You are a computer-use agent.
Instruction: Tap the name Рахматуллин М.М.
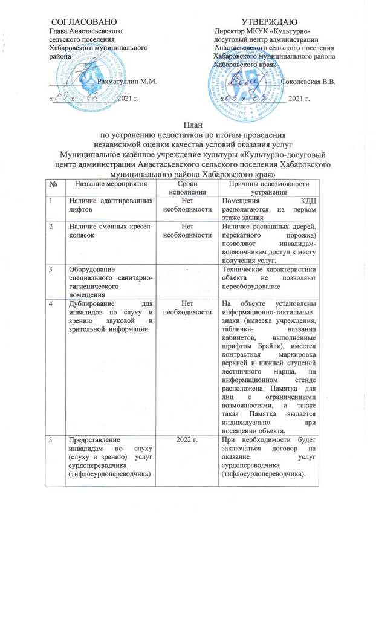(x=127, y=81)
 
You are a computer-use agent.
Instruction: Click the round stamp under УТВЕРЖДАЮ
(x=240, y=79)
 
